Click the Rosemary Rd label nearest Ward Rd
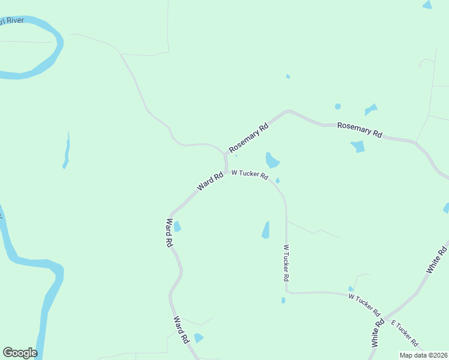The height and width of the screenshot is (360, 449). [248, 139]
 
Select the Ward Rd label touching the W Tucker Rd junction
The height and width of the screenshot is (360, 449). [210, 181]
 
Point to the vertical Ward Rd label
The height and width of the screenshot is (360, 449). [169, 233]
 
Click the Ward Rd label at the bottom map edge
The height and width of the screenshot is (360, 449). [181, 329]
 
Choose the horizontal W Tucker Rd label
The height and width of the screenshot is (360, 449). [250, 174]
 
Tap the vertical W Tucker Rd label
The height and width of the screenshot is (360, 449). [286, 263]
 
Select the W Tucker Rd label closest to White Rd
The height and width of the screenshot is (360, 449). [364, 304]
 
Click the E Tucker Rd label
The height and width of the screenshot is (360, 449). [405, 334]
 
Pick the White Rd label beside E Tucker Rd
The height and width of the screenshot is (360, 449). [378, 334]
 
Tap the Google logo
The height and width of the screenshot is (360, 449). [20, 353]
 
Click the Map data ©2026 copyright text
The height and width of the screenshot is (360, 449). [423, 355]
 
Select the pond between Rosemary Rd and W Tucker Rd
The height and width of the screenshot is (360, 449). [272, 160]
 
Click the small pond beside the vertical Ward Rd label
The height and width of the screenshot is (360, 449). [177, 227]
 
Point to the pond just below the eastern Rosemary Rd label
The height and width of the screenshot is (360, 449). [358, 146]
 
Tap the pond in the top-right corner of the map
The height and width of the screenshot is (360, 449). [427, 5]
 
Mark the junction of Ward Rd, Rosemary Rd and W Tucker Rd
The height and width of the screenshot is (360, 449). [226, 171]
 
